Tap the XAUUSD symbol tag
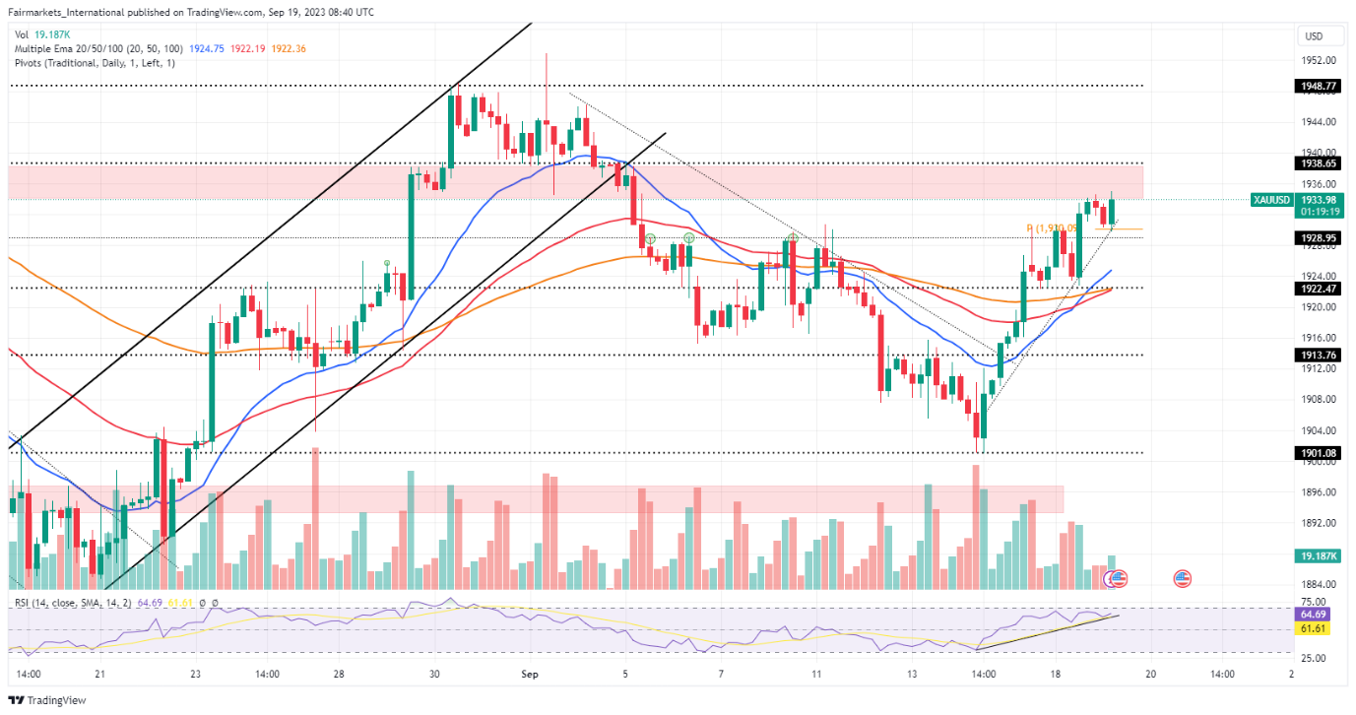click(x=1270, y=200)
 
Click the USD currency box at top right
click(x=1314, y=36)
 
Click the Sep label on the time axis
click(x=530, y=675)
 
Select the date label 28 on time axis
click(x=338, y=675)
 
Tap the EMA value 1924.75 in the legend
click(x=208, y=48)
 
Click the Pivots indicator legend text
click(x=95, y=63)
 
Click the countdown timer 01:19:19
click(x=1314, y=211)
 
